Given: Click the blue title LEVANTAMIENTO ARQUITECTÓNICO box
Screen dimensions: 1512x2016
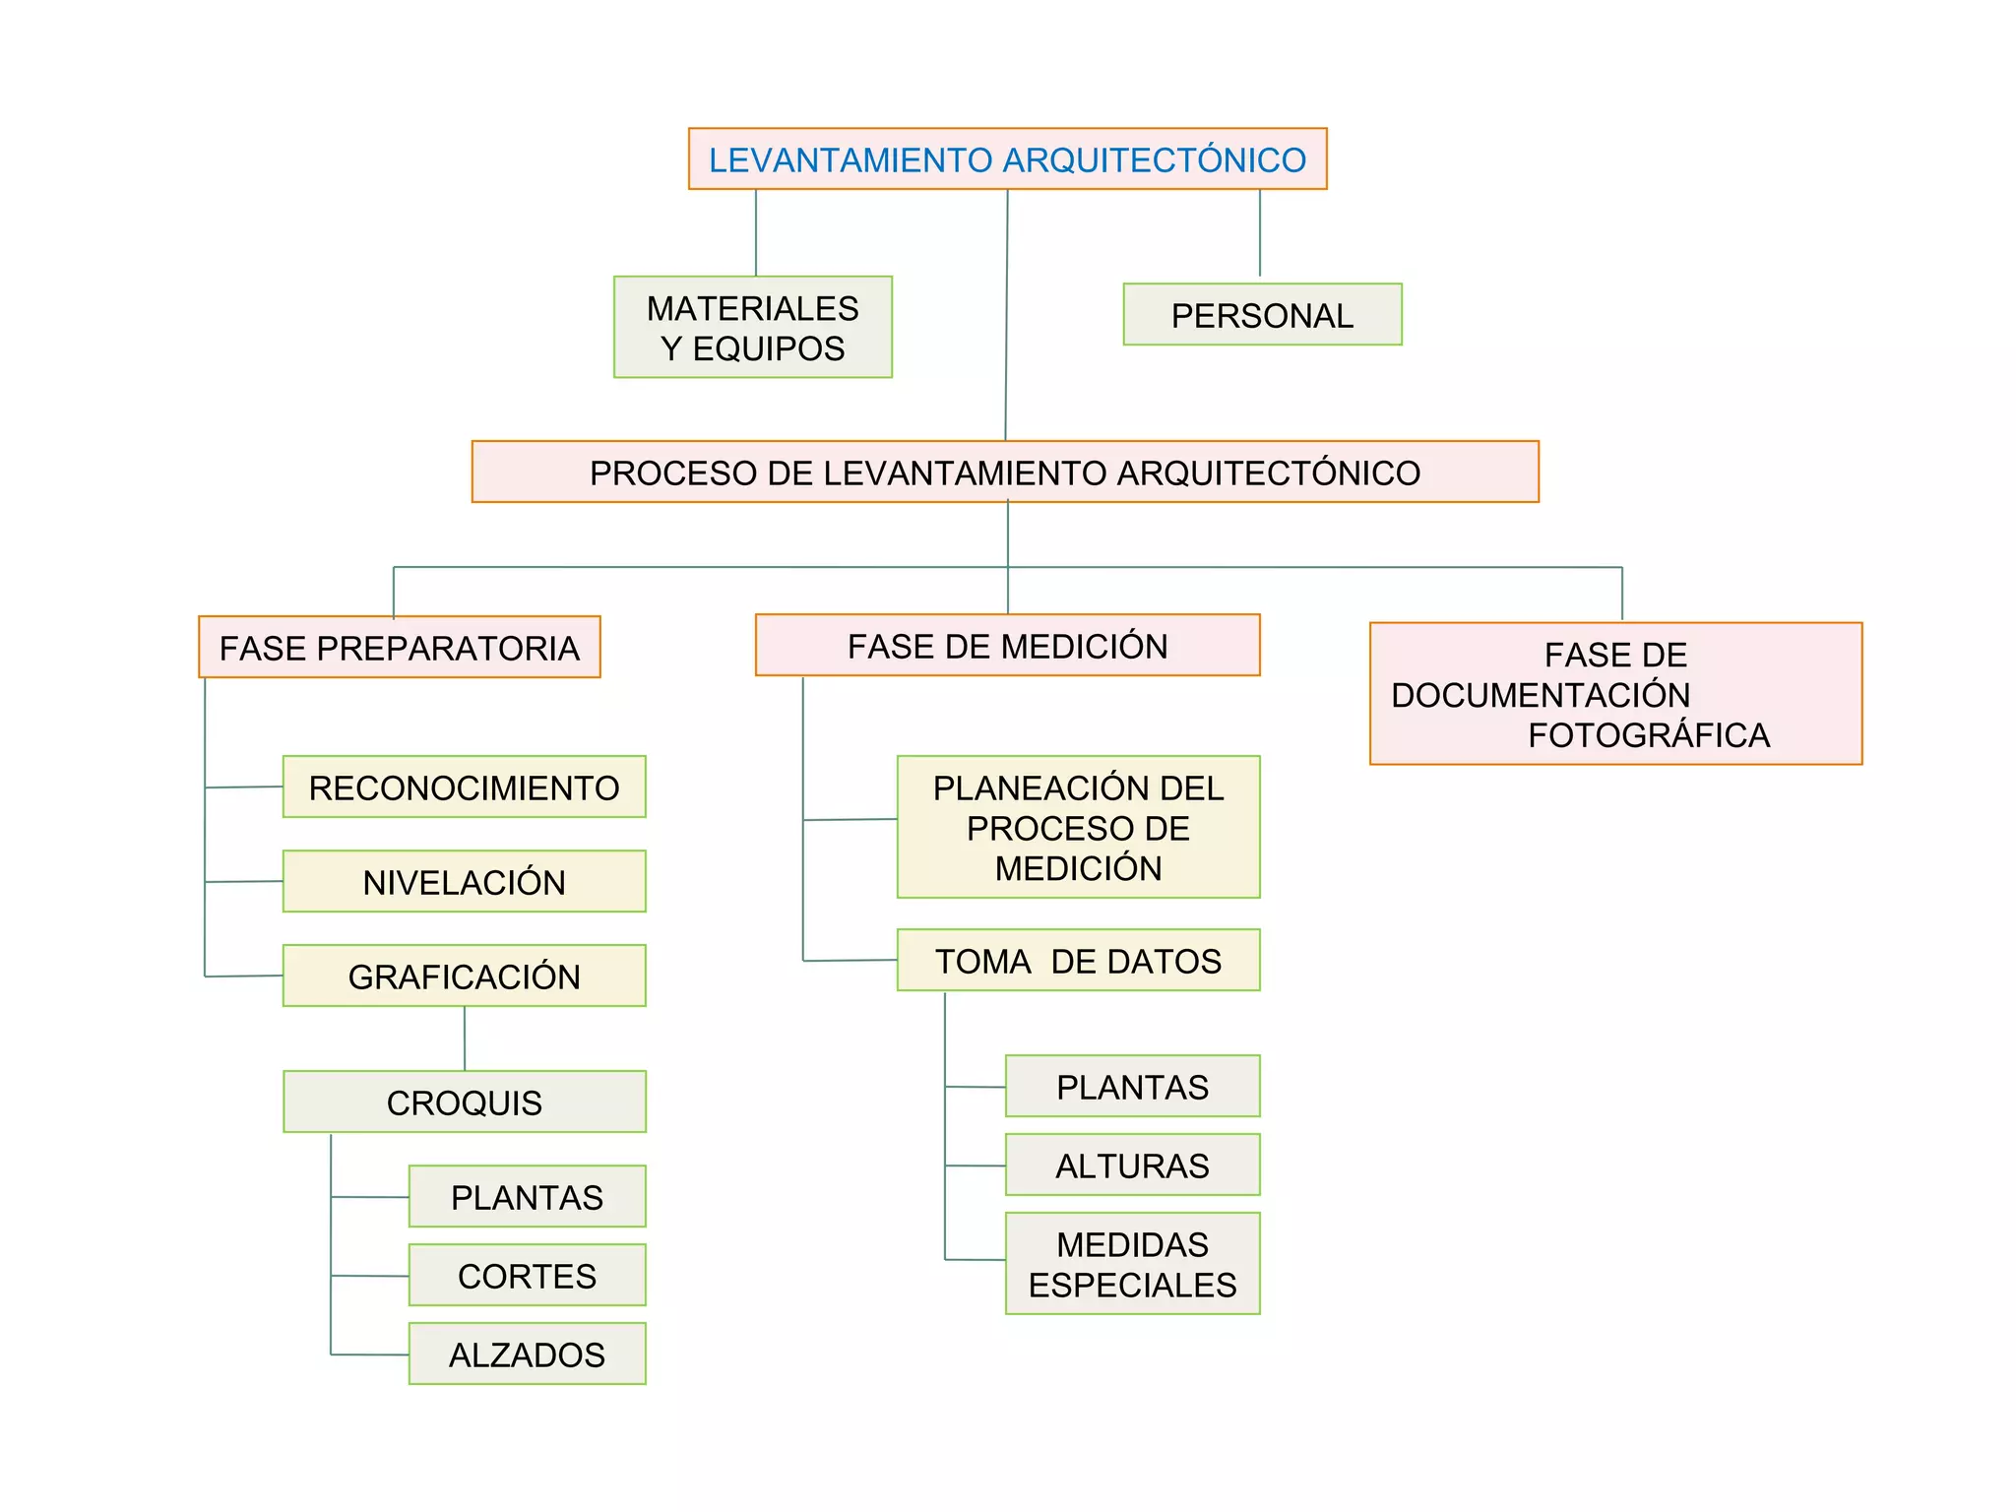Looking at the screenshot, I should (x=1007, y=158).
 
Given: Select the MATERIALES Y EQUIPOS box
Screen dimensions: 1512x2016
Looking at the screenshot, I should (x=753, y=327).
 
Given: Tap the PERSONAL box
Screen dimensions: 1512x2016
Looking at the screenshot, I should (x=1262, y=315).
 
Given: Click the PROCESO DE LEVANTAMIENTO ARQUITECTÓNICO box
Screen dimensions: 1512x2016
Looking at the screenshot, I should (x=1005, y=472).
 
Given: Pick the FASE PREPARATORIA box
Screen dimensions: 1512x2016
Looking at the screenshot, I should (x=400, y=647).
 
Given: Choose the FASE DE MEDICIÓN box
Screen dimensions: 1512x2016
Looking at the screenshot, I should (x=1007, y=645).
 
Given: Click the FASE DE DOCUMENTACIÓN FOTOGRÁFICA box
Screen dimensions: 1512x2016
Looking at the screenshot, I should (x=1615, y=693).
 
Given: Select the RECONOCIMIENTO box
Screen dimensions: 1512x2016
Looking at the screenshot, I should (x=464, y=787).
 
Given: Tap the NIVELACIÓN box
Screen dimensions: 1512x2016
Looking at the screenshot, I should (x=464, y=881).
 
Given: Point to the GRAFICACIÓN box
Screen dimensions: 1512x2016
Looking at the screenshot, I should (x=464, y=976).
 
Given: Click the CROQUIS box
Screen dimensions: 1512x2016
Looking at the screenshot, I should (x=464, y=1102).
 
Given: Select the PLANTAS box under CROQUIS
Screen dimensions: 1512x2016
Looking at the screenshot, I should (x=527, y=1196).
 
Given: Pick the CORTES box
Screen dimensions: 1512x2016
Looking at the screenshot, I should (x=527, y=1275).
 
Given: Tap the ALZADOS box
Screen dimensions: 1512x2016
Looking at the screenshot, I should (x=527, y=1354).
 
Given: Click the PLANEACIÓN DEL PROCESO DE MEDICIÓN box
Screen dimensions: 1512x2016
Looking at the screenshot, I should (x=1078, y=827).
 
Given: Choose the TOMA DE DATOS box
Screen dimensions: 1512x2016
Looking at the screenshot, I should (x=1078, y=960).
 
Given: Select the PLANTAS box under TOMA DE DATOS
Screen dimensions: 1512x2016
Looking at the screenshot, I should (x=1132, y=1086).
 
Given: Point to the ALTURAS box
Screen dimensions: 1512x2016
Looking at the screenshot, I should (x=1132, y=1165).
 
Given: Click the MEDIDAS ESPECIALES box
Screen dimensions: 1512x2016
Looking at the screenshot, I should (x=1132, y=1263).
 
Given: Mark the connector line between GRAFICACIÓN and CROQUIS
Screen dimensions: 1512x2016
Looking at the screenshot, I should (x=465, y=1039).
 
